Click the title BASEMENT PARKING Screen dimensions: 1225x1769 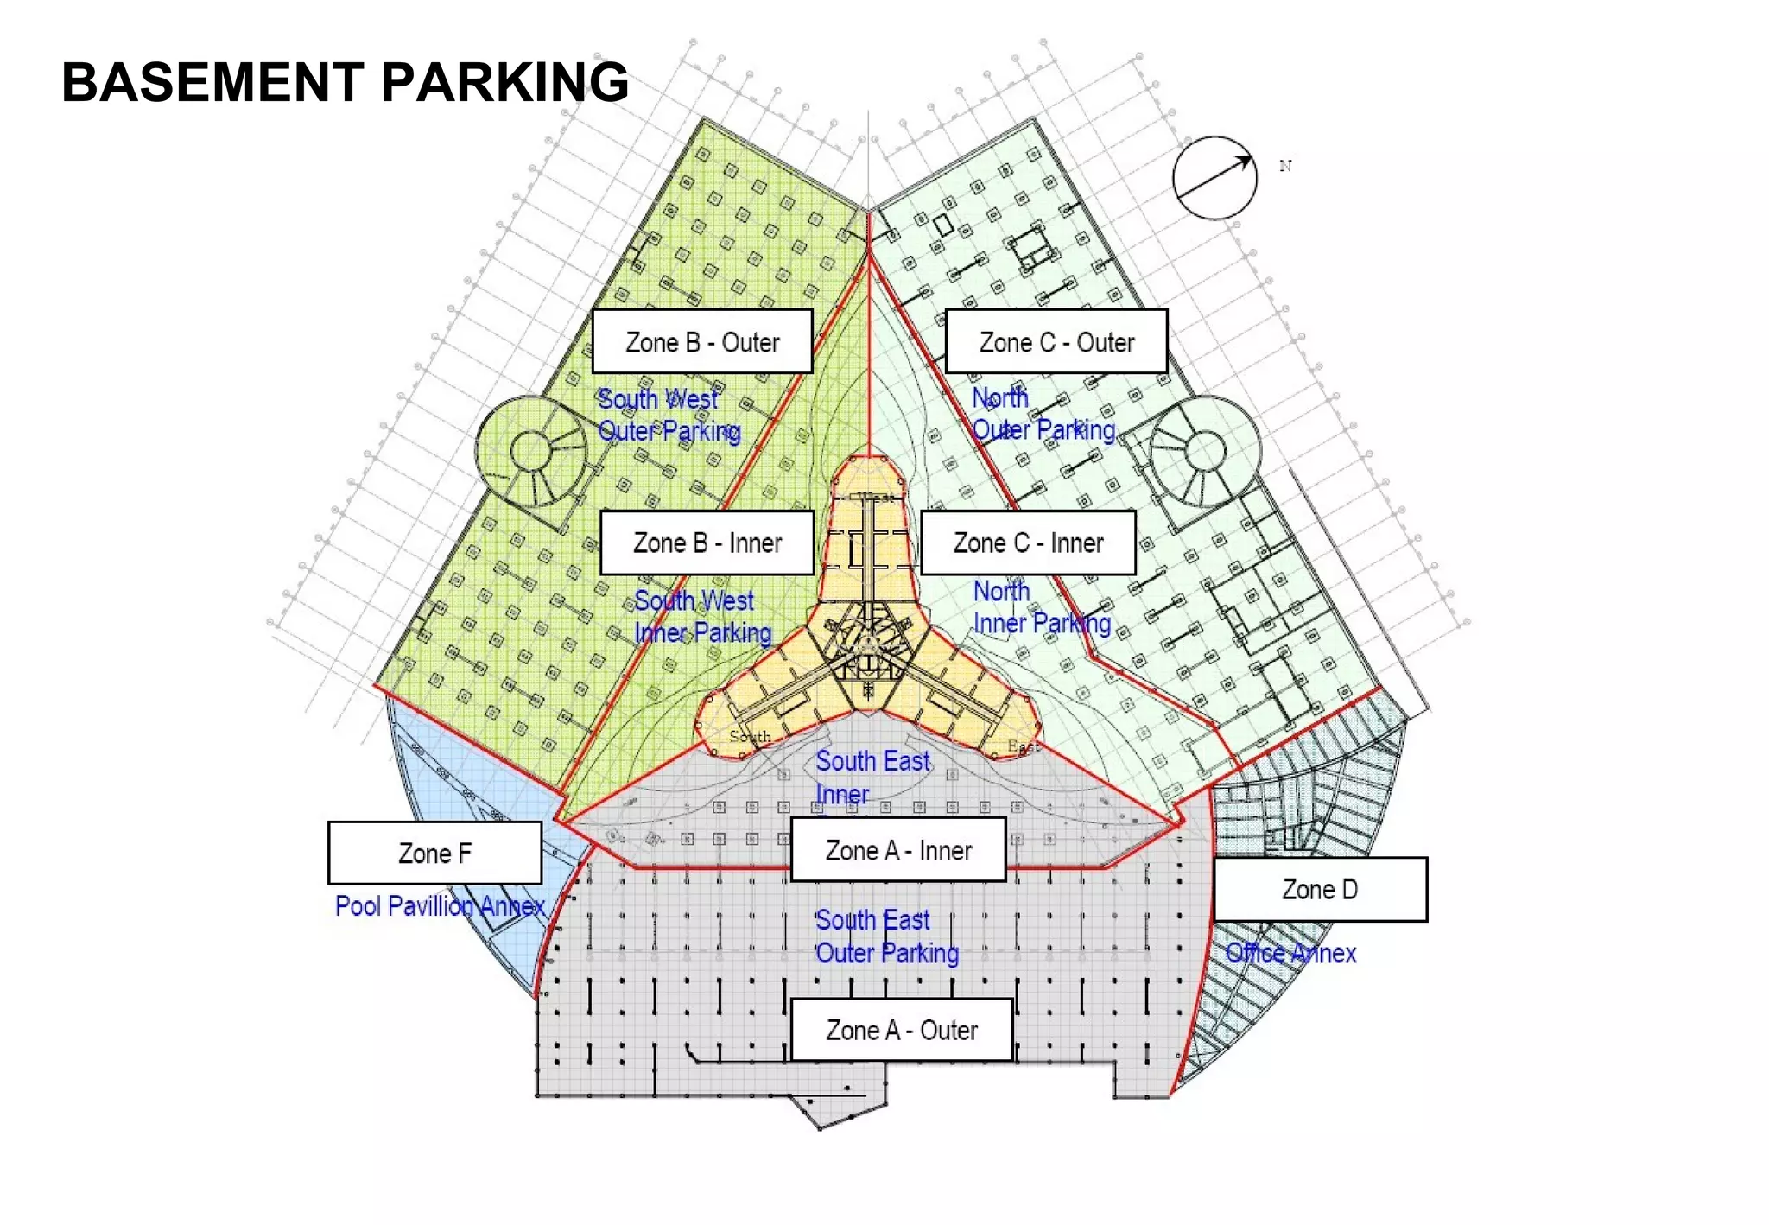point(345,83)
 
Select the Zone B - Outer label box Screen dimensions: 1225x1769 point(702,342)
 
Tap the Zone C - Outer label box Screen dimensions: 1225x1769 point(1056,342)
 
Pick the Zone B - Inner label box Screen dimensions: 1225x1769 point(707,543)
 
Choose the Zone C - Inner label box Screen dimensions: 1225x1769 point(1028,543)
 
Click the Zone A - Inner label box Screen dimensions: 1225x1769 point(898,851)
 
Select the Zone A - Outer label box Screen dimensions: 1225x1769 point(902,1031)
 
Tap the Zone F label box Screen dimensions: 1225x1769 point(434,854)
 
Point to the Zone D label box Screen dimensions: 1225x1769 point(1320,890)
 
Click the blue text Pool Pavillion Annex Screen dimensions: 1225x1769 point(440,906)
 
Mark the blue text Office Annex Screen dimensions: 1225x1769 point(1290,954)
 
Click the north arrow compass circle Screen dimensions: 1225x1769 point(1214,178)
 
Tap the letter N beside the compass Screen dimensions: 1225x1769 point(1285,166)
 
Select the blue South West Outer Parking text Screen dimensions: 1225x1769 point(669,416)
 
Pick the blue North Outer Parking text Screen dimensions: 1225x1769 point(1043,414)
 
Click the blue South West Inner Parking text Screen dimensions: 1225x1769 point(701,617)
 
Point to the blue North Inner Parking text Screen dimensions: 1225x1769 point(1041,607)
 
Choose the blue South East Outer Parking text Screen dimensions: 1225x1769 point(886,936)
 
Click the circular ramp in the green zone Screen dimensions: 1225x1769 point(530,451)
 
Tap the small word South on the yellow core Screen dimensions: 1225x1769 point(750,737)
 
